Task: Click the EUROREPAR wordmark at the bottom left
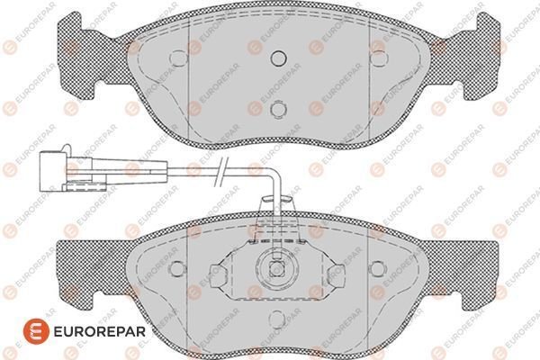coord(100,331)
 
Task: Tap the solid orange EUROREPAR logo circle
coord(36,331)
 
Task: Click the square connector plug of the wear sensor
coord(53,171)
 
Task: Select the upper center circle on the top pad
coord(278,58)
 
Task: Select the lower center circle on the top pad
coord(278,109)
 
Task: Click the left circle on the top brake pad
coord(178,58)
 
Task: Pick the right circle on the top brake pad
coord(379,58)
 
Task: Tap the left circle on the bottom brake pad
coord(177,268)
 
